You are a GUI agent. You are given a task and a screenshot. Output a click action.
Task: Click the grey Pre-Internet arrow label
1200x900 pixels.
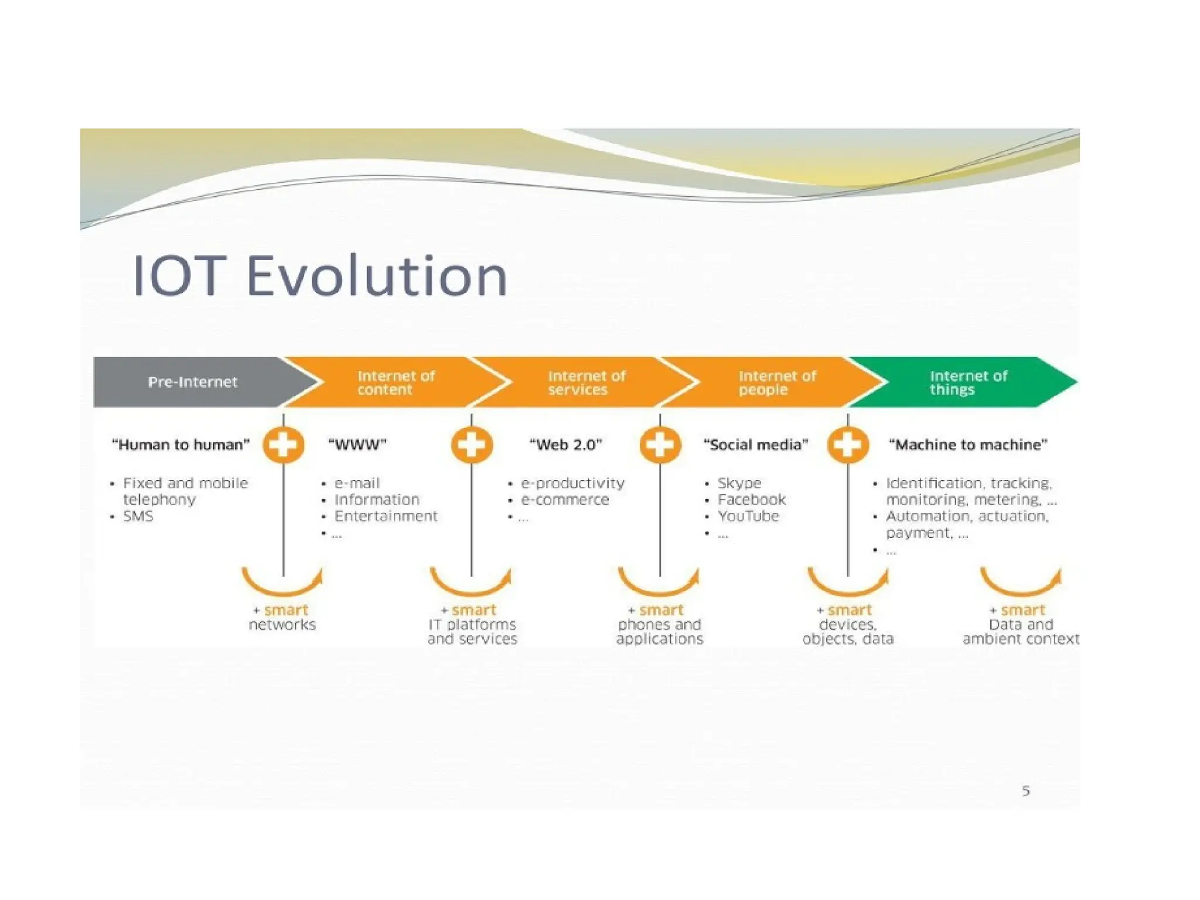(x=192, y=382)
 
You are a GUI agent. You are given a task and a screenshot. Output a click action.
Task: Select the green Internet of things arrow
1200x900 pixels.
(x=968, y=382)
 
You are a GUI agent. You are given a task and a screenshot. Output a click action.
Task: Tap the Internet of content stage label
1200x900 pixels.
(x=396, y=383)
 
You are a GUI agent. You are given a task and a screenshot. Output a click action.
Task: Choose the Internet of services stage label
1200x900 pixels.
(x=587, y=383)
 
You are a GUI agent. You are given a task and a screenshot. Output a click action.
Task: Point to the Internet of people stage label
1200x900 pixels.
(x=777, y=383)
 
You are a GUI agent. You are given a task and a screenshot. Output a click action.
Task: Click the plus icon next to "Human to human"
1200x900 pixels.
(x=284, y=445)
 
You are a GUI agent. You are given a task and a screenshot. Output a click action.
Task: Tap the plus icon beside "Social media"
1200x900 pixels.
(x=848, y=445)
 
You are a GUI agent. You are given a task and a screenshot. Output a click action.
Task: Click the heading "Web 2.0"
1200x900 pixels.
(x=565, y=445)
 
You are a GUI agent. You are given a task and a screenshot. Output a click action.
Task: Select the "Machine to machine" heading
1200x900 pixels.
(x=968, y=445)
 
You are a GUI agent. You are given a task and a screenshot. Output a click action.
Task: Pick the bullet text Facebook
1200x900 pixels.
(x=751, y=500)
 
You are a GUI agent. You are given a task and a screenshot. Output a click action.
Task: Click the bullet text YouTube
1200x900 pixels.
(x=748, y=516)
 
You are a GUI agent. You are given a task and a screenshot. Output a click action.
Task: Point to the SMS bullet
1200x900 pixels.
(x=138, y=516)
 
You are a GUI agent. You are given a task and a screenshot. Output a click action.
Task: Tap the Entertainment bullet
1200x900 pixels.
(x=386, y=516)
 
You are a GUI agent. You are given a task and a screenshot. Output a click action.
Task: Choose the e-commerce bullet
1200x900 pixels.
(x=565, y=500)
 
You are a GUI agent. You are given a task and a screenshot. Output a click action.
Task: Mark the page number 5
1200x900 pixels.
(x=1026, y=791)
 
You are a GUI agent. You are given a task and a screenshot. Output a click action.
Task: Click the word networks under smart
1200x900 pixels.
(x=282, y=625)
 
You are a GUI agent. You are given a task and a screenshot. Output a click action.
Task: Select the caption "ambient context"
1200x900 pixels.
(x=1021, y=639)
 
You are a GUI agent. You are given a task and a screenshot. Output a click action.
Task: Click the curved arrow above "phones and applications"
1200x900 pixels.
(x=659, y=582)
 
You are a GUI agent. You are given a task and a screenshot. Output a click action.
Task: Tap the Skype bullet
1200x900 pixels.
(x=739, y=483)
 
